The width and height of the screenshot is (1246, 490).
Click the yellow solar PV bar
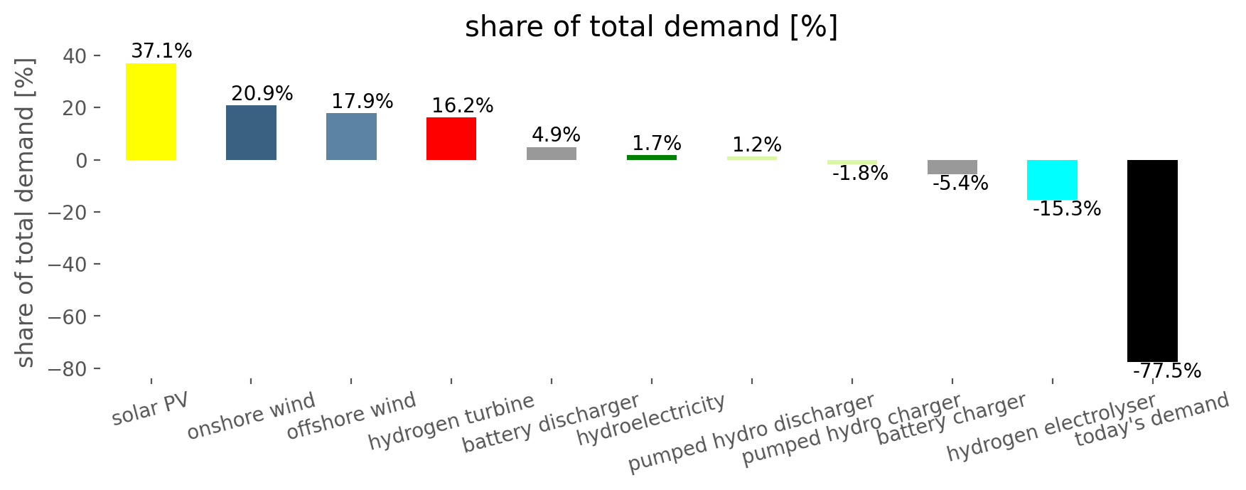point(151,112)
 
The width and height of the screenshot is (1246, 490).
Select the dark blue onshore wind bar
point(251,132)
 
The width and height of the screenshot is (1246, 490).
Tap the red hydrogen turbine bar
point(451,139)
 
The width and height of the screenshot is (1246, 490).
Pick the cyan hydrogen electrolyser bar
point(1052,180)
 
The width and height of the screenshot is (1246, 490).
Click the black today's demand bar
point(1152,261)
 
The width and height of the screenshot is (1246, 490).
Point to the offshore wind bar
point(351,137)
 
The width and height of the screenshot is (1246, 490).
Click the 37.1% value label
point(161,51)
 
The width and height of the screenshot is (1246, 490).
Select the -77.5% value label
point(1166,371)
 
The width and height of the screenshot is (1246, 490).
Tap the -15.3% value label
point(1066,209)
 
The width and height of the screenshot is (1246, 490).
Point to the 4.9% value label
point(556,135)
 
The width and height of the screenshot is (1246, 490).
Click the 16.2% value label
point(462,106)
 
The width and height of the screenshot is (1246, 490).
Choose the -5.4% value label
point(960,183)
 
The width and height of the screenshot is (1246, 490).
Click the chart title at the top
point(651,27)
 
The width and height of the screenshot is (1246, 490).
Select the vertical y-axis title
point(26,212)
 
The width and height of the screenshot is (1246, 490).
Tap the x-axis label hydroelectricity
point(650,420)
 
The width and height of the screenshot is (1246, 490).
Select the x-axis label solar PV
point(150,408)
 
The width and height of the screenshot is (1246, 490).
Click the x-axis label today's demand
point(1151,420)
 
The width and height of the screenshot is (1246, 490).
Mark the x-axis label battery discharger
point(551,423)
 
